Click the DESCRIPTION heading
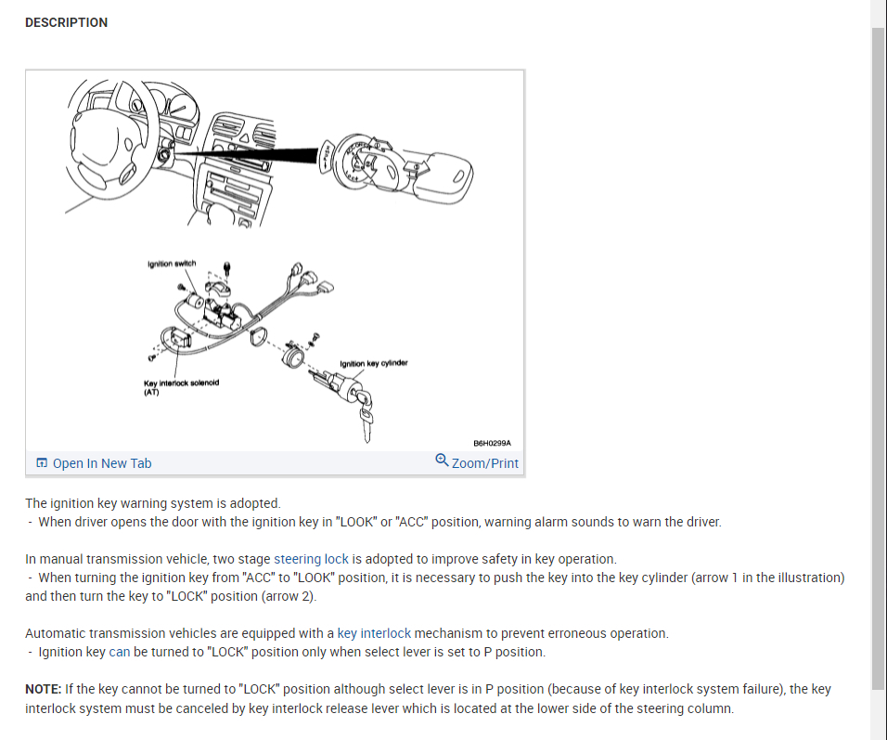66,22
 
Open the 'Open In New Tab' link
101,463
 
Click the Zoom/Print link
484,463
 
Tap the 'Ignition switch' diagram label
172,265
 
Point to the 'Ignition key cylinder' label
374,363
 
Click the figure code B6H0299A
492,443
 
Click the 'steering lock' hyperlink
311,559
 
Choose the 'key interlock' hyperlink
374,633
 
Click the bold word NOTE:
44,689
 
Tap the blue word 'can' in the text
120,652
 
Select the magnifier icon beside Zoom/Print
442,461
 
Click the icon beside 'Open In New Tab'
42,463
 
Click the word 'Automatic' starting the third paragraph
55,633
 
